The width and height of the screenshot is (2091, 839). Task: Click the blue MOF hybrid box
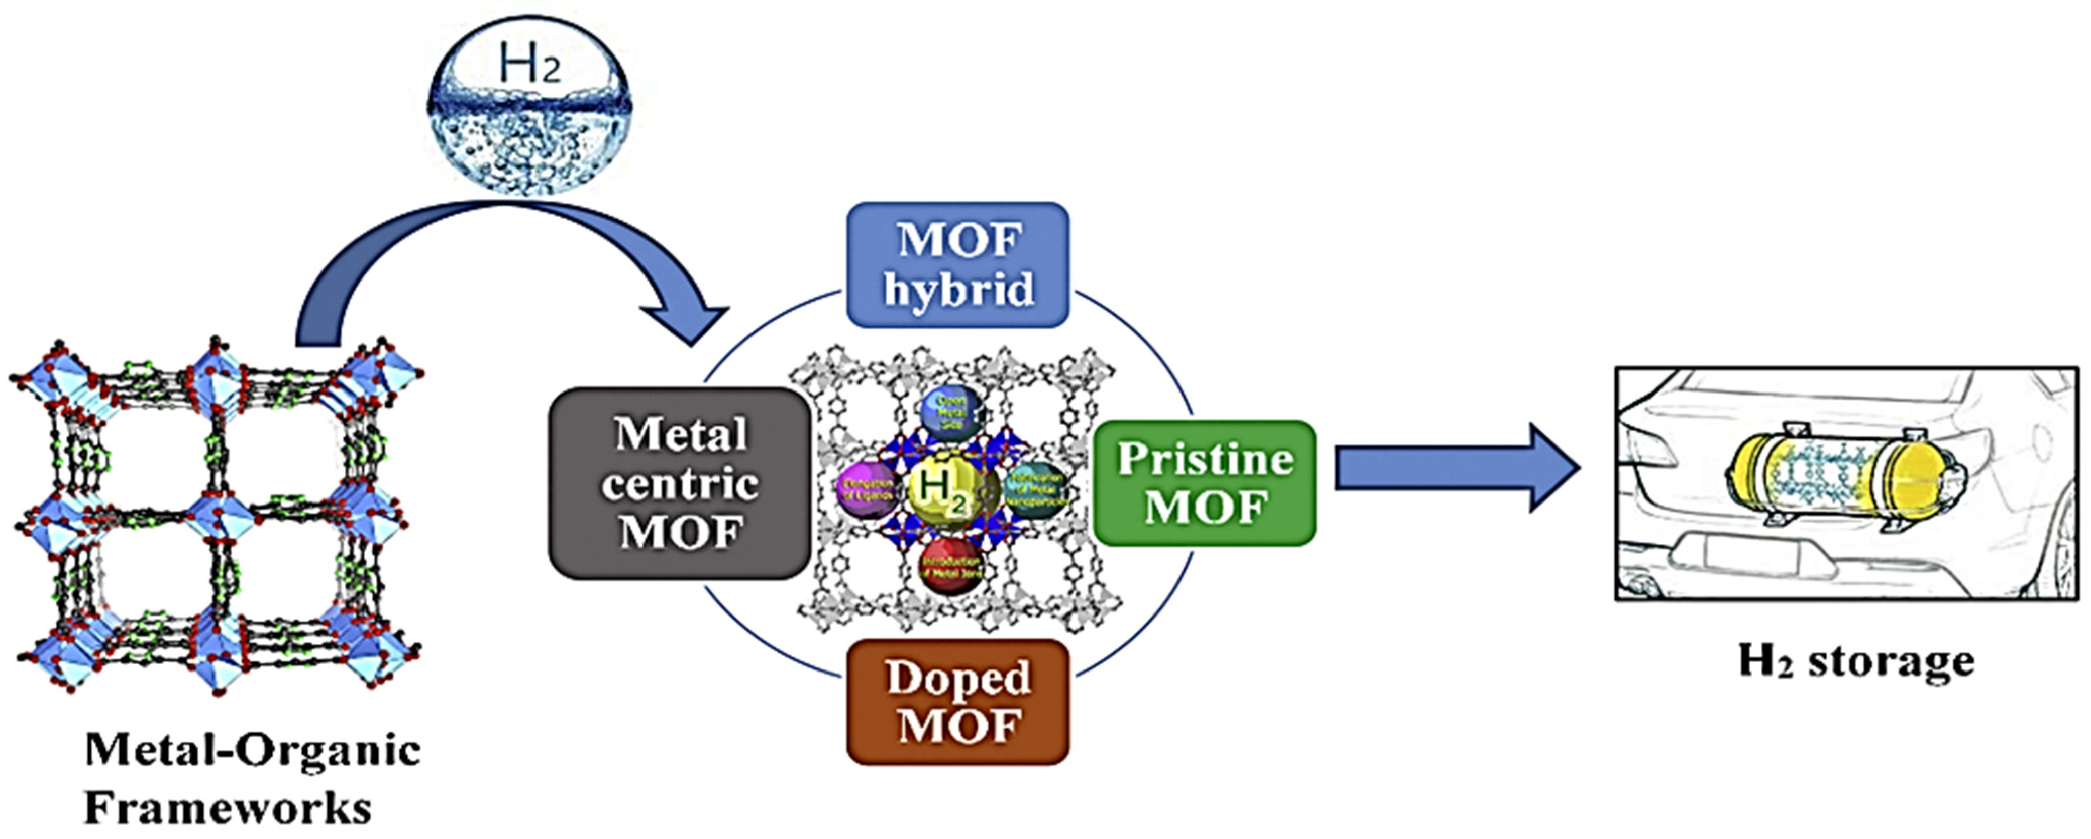coord(958,264)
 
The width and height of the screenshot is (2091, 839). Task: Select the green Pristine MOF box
coord(1205,483)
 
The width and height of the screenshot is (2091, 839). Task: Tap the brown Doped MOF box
coord(958,702)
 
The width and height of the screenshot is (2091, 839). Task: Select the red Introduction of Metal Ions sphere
coord(951,566)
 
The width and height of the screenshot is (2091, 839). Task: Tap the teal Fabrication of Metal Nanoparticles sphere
coord(1033,489)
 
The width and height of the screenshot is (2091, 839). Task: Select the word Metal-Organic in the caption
coord(252,751)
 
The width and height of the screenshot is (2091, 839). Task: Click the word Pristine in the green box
coord(1205,459)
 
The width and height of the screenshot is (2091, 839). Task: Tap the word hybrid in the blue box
coord(958,289)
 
